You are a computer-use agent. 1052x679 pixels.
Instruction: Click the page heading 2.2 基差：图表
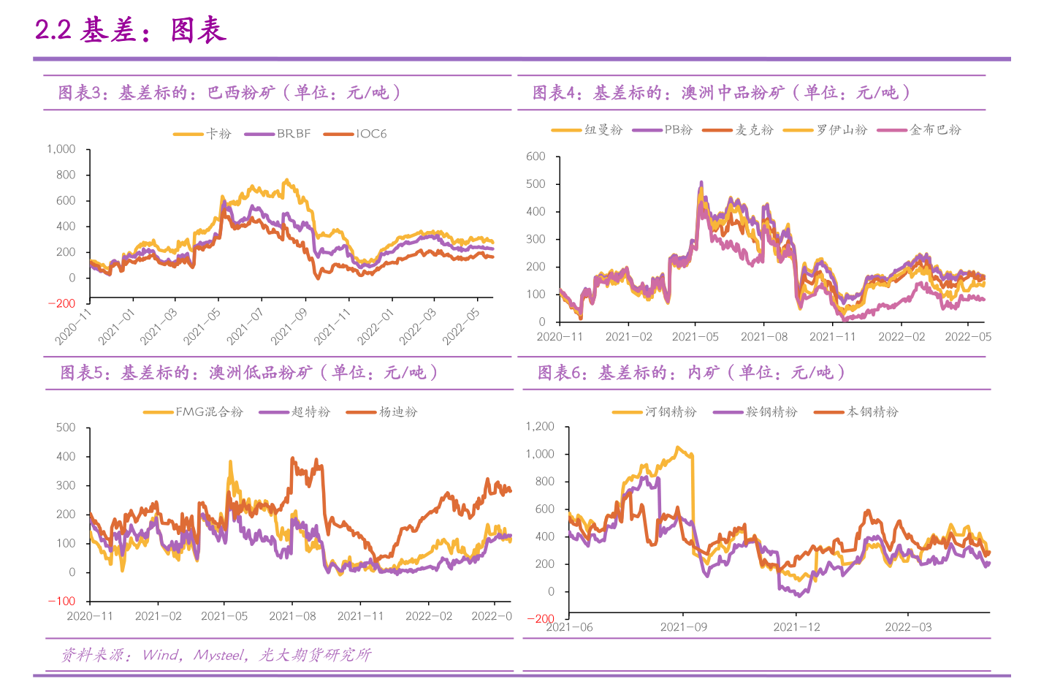(131, 30)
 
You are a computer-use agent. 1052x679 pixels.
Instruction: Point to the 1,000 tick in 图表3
(61, 149)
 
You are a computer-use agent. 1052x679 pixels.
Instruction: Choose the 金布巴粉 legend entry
(935, 130)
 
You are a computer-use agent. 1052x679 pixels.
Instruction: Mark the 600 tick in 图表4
(535, 156)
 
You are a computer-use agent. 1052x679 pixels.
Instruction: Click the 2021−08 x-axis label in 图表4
(764, 337)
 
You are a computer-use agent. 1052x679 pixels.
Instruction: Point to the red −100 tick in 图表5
(61, 602)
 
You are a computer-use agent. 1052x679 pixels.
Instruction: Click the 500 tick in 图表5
(66, 428)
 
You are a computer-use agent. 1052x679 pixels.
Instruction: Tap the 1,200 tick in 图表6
(540, 427)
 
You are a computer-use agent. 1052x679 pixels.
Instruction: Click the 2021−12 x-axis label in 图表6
(796, 627)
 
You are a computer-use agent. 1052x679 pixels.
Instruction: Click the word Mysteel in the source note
(218, 655)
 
